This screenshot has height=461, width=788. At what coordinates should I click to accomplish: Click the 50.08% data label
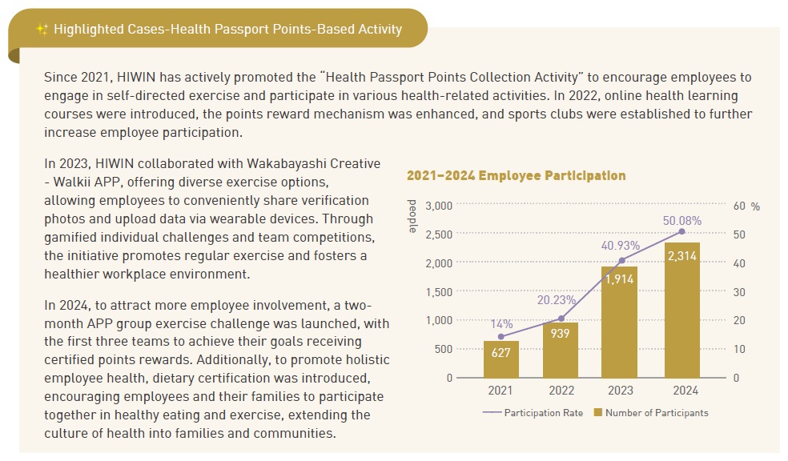point(681,220)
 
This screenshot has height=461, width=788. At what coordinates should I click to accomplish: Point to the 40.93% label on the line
point(621,245)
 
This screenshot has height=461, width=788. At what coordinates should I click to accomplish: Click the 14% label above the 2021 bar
point(501,323)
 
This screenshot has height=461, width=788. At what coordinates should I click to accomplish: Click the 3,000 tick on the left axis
point(438,205)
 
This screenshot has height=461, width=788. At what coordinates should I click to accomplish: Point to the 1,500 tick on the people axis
point(438,291)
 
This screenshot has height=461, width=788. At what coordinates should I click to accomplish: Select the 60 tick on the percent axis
point(739,206)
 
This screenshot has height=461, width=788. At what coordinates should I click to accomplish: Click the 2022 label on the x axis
point(561,391)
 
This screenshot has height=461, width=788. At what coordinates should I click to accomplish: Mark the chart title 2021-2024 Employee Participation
point(516,175)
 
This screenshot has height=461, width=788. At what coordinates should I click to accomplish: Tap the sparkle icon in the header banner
point(42,30)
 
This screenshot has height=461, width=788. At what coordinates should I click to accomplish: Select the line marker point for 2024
point(681,231)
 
